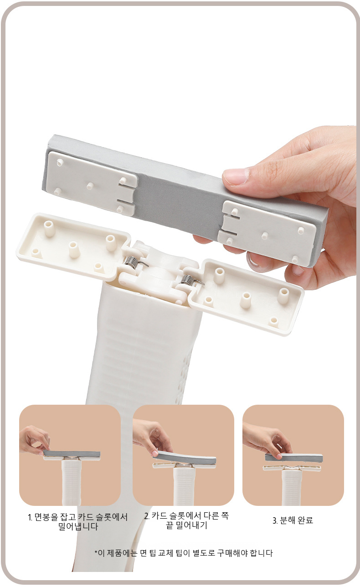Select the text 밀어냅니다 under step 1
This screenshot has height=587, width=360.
(x=78, y=527)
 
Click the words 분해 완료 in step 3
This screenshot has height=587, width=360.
(x=296, y=520)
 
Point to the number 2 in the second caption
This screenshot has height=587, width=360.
(x=147, y=516)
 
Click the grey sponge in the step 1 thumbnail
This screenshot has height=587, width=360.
(x=72, y=454)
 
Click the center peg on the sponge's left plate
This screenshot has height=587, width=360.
(x=90, y=186)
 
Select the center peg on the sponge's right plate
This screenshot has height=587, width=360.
(x=265, y=235)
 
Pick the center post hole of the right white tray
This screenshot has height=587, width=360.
(x=246, y=298)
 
